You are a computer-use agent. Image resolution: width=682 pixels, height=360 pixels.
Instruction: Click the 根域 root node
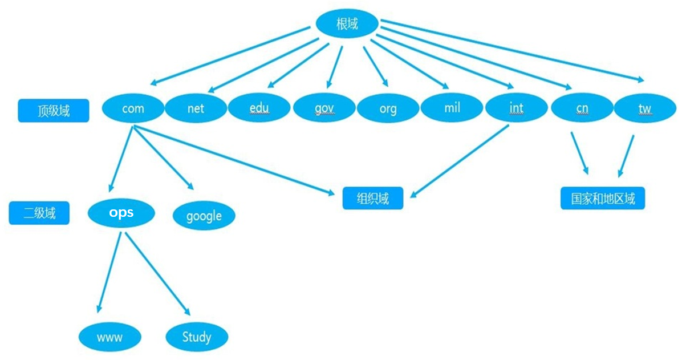click(x=347, y=23)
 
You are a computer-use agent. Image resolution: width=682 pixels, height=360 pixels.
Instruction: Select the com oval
click(x=133, y=108)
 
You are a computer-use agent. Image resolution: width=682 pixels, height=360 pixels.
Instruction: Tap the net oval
click(x=196, y=108)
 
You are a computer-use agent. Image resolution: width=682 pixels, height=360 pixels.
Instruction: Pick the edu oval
click(x=259, y=108)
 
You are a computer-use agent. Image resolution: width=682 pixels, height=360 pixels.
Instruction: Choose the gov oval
click(x=324, y=108)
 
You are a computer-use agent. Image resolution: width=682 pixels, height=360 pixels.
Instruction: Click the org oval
click(x=388, y=108)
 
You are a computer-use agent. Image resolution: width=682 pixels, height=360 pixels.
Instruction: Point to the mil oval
click(x=452, y=107)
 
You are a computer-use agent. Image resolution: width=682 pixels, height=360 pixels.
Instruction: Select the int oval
click(x=516, y=107)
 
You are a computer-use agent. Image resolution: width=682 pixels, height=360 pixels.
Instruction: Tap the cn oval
click(x=582, y=107)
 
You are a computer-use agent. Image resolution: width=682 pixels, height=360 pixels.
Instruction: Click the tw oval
click(x=645, y=108)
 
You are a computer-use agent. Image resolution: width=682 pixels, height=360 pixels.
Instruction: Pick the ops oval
click(x=121, y=213)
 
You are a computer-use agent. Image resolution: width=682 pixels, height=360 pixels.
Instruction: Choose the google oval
click(x=204, y=216)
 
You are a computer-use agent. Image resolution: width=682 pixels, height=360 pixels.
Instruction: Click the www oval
click(x=110, y=337)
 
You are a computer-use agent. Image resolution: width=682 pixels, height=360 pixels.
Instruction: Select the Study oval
click(x=197, y=337)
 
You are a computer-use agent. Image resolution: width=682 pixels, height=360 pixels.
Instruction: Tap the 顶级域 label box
click(x=54, y=111)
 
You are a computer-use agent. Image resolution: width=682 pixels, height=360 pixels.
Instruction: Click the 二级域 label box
click(x=39, y=213)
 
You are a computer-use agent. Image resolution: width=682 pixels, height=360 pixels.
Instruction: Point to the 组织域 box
click(x=373, y=199)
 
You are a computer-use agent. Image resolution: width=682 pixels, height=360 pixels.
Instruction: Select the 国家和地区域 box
click(x=602, y=199)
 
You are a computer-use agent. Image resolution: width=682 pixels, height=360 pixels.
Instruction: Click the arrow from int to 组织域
click(x=459, y=161)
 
